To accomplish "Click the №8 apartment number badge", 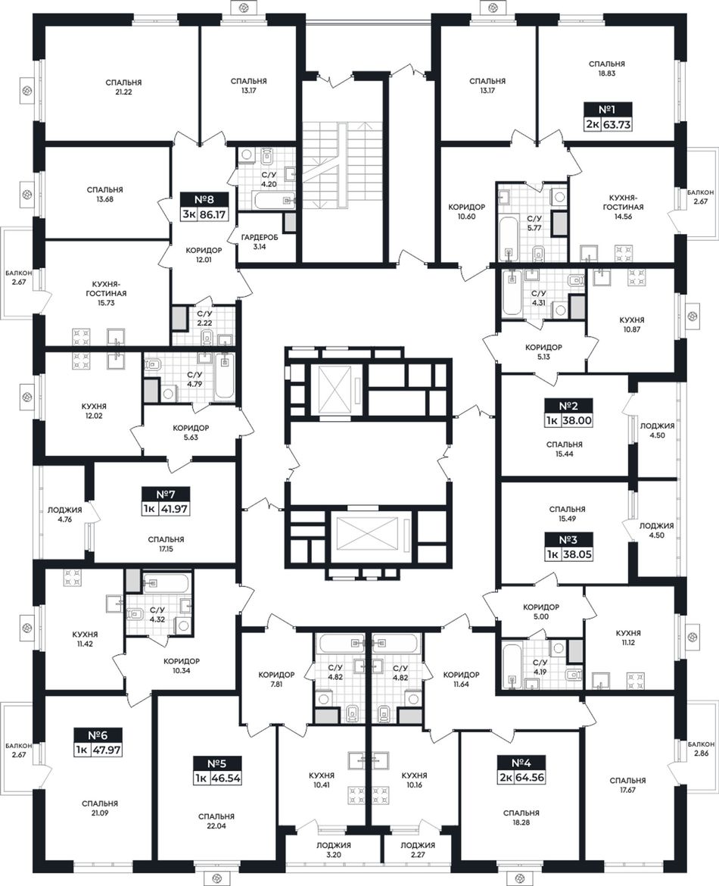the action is (x=204, y=199).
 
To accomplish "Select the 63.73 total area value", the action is (x=617, y=124).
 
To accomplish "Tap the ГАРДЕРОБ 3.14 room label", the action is (x=260, y=242).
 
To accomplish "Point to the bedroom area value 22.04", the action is (x=216, y=826).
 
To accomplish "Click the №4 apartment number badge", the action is (x=521, y=763).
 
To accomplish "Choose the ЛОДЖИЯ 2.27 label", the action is (x=417, y=850).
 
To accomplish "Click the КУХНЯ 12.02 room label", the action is (x=94, y=410).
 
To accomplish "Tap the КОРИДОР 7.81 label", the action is (x=276, y=679).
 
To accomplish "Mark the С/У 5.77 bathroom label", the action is (x=534, y=223).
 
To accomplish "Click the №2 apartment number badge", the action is (x=568, y=406).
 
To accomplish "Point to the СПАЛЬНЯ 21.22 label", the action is (x=123, y=87).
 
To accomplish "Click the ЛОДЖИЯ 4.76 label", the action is (x=64, y=514).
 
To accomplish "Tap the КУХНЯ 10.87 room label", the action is (x=631, y=324).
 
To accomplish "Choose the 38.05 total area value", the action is (x=577, y=555).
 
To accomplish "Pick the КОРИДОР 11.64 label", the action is (x=462, y=679).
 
